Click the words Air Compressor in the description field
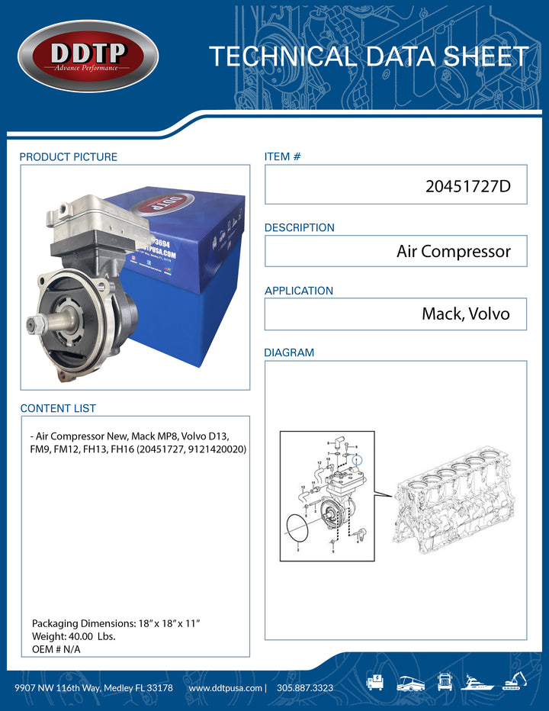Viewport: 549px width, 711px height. pos(453,251)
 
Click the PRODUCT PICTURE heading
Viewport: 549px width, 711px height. pos(68,157)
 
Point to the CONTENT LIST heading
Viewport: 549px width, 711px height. pos(58,409)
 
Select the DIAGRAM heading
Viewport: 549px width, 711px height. pos(289,353)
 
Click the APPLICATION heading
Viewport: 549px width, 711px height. pos(298,291)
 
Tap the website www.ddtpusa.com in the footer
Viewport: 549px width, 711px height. pos(224,687)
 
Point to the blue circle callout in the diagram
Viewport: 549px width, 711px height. pos(359,461)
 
